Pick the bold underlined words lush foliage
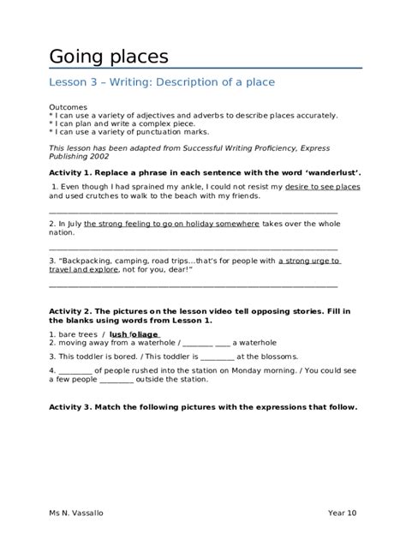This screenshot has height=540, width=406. [134, 333]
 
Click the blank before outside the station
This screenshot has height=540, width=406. [116, 380]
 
